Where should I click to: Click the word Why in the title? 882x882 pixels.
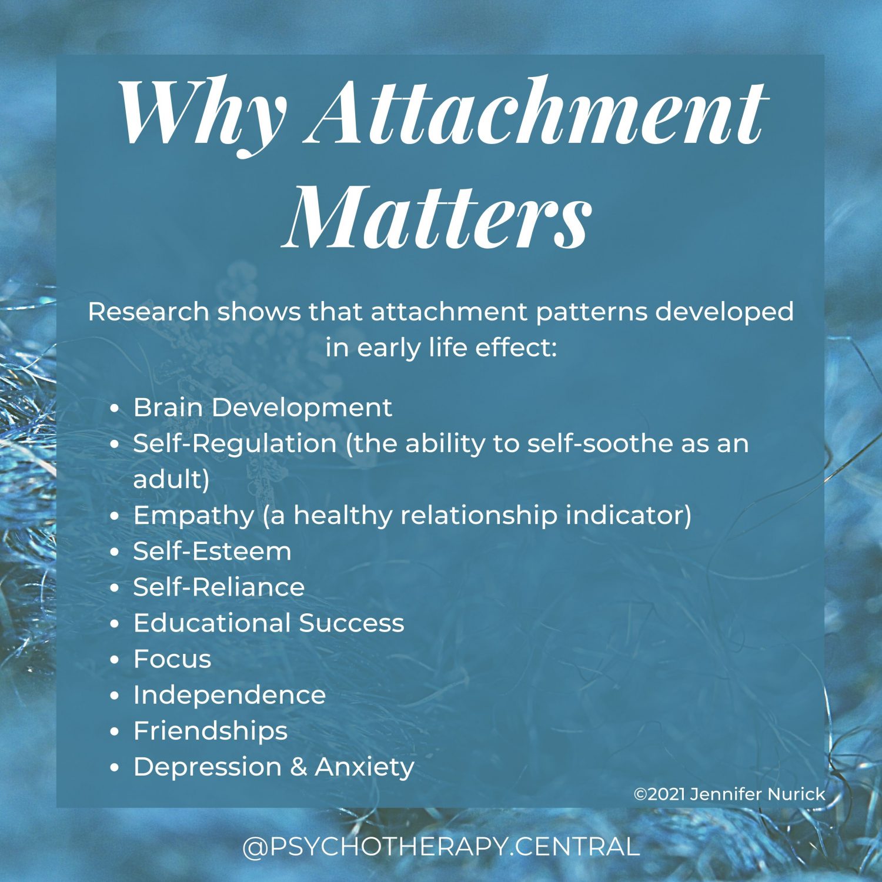coord(203,112)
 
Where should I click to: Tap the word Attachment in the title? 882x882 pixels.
coord(538,112)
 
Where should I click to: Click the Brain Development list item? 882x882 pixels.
coord(262,407)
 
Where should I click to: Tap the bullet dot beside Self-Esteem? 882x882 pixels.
coord(115,553)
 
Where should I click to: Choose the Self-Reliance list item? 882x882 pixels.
coord(219,587)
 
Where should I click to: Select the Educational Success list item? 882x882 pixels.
coord(269,623)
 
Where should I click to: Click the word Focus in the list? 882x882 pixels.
coord(172,659)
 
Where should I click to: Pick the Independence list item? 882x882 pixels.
coord(229,695)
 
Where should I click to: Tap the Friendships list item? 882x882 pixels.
coord(211,731)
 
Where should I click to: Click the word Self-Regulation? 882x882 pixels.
coord(235,444)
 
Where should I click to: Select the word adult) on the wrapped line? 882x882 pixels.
coord(171,480)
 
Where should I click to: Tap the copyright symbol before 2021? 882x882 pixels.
coord(640,795)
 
